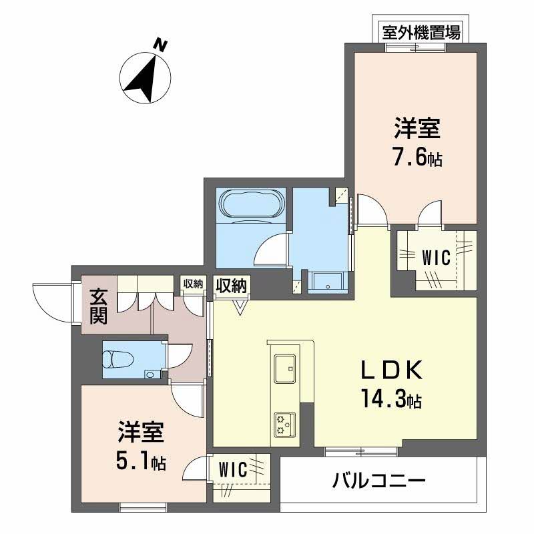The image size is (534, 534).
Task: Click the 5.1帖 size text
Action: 140,461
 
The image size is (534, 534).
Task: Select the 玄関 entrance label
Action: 99,306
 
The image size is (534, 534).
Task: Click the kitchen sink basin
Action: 286,366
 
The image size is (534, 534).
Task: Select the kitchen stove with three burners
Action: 285,425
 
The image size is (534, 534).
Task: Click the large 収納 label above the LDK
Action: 231,285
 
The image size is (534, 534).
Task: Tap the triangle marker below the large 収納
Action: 240,306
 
